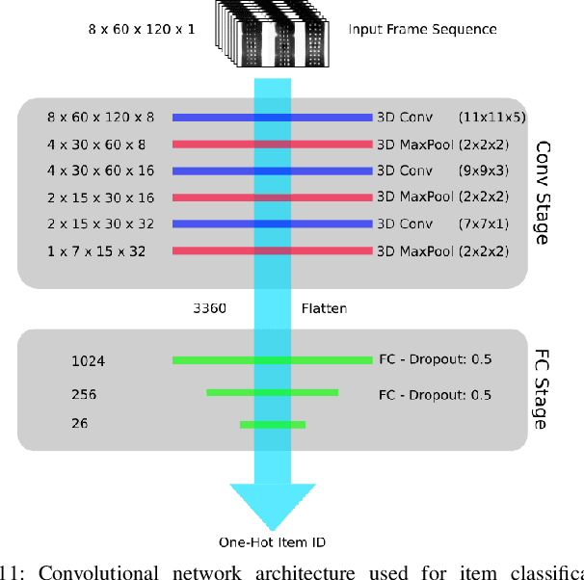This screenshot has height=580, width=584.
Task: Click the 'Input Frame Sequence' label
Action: coord(422,29)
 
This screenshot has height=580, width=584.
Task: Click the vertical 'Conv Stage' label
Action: coord(542,193)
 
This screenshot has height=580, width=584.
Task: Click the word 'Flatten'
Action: coord(324,309)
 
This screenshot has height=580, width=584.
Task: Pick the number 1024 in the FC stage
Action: coord(88,361)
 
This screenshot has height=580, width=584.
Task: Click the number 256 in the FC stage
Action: coord(84,394)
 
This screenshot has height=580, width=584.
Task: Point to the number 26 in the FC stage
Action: coord(79,424)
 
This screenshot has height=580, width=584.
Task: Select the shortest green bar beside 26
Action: coord(273,424)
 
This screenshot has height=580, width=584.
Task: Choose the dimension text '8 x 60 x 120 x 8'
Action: coord(99,118)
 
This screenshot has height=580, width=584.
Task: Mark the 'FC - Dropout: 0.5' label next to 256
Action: coord(435,394)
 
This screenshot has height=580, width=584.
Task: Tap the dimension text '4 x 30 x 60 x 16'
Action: coord(99,171)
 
